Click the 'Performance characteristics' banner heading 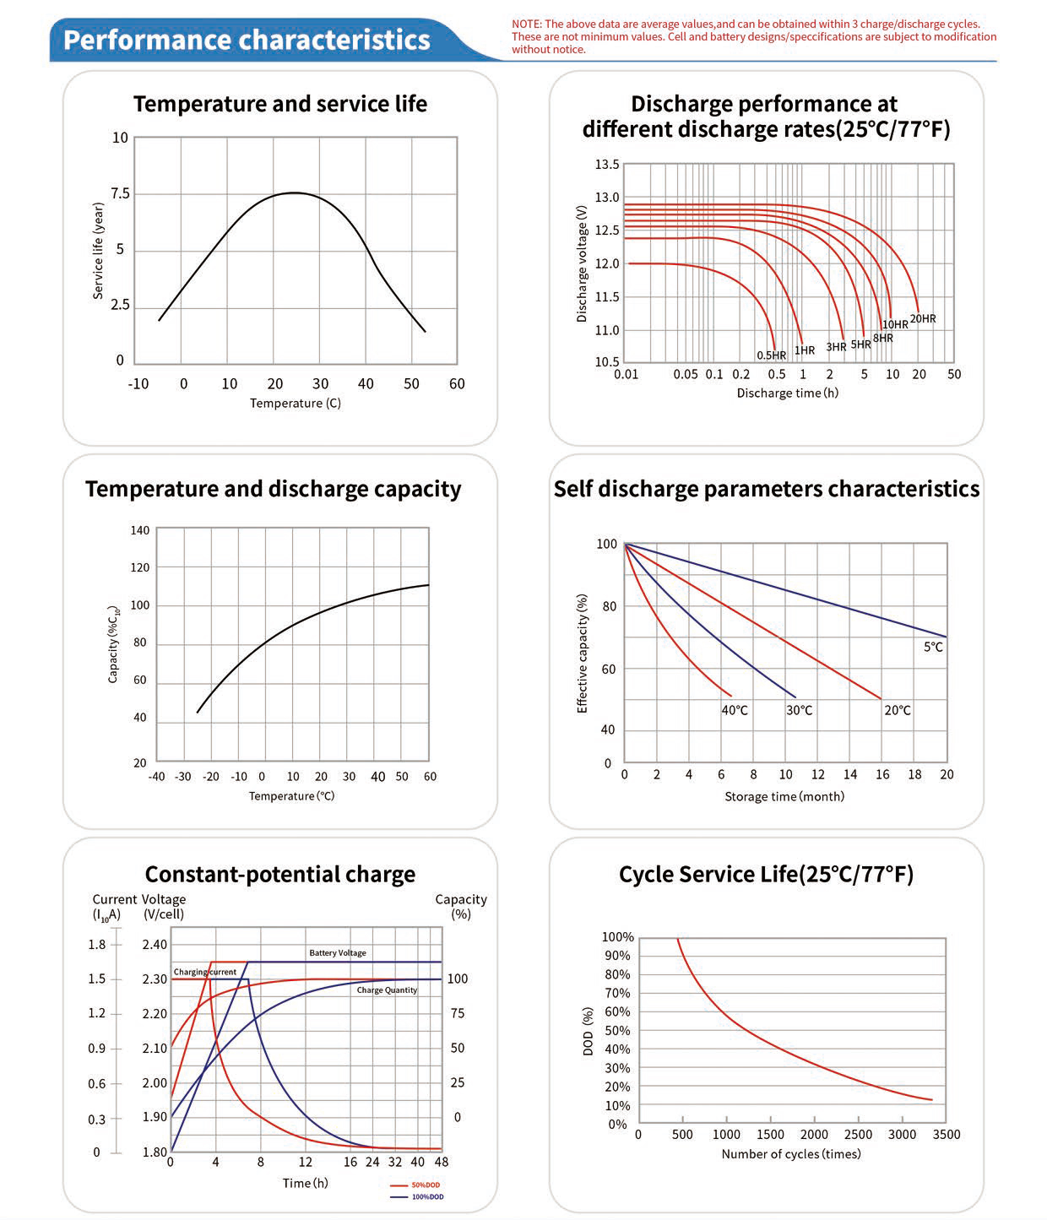click(x=247, y=40)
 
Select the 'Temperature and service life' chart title click(x=279, y=104)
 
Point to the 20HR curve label click(x=922, y=318)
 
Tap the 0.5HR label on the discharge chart click(x=771, y=355)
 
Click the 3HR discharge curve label click(x=836, y=347)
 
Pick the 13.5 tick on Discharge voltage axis click(x=606, y=165)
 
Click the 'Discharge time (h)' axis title click(x=787, y=393)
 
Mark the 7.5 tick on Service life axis click(x=120, y=193)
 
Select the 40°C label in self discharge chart click(x=735, y=710)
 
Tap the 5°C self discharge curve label click(x=932, y=647)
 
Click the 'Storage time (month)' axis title click(x=784, y=796)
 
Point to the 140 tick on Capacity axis click(x=140, y=530)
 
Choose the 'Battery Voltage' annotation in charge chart click(x=338, y=952)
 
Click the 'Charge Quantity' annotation click(x=387, y=990)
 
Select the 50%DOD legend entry click(x=426, y=1185)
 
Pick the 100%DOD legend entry click(x=427, y=1197)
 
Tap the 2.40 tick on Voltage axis click(x=155, y=945)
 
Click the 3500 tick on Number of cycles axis click(x=946, y=1134)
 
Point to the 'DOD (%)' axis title click(x=589, y=1031)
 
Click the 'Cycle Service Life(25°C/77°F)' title click(x=766, y=874)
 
